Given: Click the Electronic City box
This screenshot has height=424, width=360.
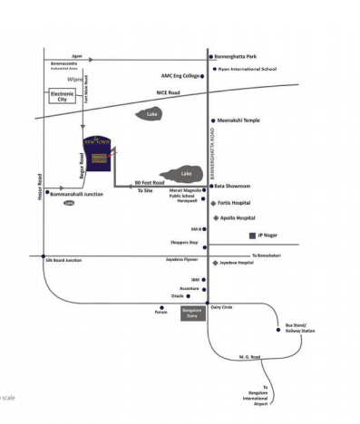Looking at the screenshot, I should point(62,97).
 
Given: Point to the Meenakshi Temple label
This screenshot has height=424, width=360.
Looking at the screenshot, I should point(238,120).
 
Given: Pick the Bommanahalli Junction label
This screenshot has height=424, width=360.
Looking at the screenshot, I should point(78,193).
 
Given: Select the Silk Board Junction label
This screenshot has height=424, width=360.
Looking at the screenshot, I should point(63,260).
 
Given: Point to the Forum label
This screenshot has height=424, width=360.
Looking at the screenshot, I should point(161,313).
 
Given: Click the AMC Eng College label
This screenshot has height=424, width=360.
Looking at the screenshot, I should point(180,76).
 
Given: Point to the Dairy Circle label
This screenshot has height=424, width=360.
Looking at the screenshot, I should point(222,307).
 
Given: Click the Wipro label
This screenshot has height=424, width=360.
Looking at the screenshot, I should point(76,80).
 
